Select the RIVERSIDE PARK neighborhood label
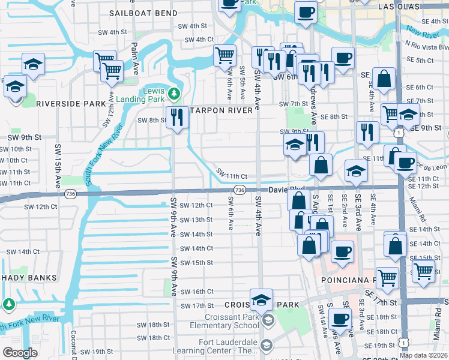click(x=71, y=103)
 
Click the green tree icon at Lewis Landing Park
click(x=174, y=93)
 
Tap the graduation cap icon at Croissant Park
click(x=261, y=300)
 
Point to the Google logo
click(x=20, y=353)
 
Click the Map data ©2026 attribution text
click(x=423, y=355)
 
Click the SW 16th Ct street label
click(x=197, y=292)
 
